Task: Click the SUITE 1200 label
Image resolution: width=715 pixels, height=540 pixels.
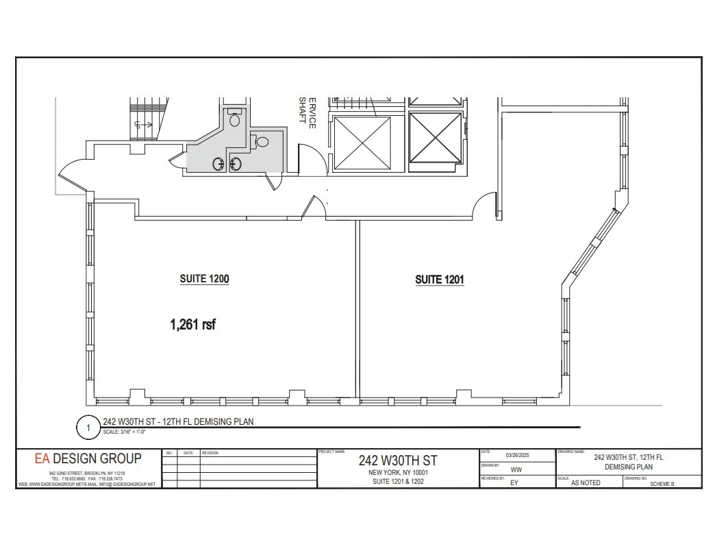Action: pyautogui.click(x=204, y=279)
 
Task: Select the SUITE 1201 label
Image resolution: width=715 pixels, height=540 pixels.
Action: pyautogui.click(x=440, y=280)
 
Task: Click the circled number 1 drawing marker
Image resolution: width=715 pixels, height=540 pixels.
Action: pyautogui.click(x=88, y=428)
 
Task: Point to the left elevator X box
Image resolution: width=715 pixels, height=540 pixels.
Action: pyautogui.click(x=361, y=143)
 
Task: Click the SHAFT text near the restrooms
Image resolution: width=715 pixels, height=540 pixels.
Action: pyautogui.click(x=302, y=110)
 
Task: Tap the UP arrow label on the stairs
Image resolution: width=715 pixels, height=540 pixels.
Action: pyautogui.click(x=138, y=125)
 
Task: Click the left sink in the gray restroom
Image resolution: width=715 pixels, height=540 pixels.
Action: pyautogui.click(x=220, y=164)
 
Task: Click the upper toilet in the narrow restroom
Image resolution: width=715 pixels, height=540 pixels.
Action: pyautogui.click(x=235, y=120)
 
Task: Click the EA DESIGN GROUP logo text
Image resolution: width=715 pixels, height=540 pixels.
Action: pyautogui.click(x=88, y=458)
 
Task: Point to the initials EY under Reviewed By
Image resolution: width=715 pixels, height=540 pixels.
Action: pyautogui.click(x=514, y=482)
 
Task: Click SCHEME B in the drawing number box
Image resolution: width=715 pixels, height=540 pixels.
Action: pyautogui.click(x=662, y=483)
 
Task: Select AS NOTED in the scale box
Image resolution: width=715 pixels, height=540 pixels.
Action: pyautogui.click(x=586, y=482)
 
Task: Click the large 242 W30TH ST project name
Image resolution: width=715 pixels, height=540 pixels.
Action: pyautogui.click(x=397, y=460)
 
